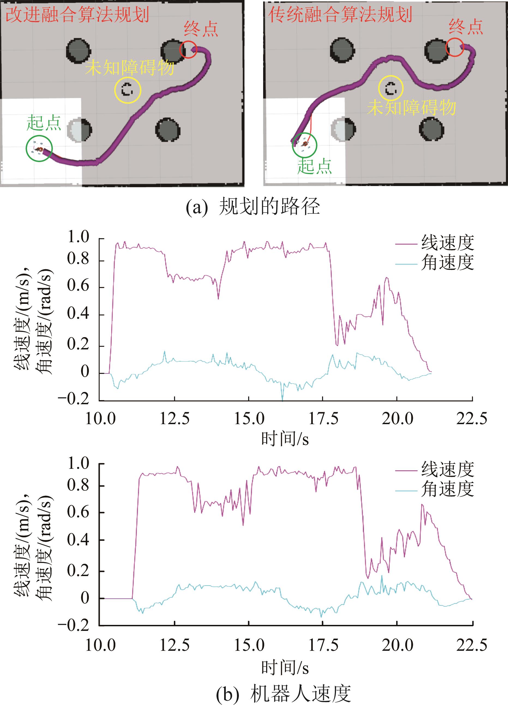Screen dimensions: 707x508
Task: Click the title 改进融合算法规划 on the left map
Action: (77, 15)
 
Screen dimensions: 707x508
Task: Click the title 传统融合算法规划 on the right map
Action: (340, 15)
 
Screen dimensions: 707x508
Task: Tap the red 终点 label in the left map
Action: (201, 29)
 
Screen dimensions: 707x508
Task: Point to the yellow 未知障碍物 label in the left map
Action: (129, 67)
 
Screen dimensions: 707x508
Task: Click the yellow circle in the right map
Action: (390, 88)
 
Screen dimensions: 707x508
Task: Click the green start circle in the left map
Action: (39, 148)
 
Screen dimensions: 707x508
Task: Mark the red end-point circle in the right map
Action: (455, 47)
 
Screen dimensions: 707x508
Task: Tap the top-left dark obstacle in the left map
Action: (79, 50)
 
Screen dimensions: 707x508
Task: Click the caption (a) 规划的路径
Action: (253, 207)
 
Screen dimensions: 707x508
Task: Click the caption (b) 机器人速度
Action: (283, 694)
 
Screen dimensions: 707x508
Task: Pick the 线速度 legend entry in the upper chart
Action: (447, 243)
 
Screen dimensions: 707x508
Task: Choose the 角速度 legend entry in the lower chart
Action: (447, 489)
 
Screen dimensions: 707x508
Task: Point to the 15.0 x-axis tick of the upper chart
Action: (249, 419)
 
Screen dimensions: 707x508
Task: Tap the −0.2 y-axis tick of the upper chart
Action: (74, 399)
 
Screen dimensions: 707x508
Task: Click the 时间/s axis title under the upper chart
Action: (285, 439)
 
